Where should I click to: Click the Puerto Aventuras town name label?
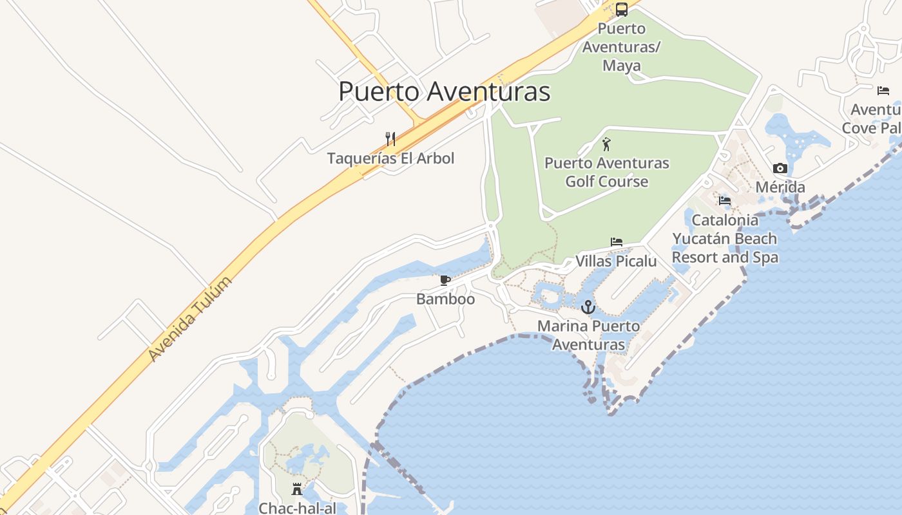click(x=444, y=91)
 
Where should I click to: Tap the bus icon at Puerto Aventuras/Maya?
click(x=621, y=10)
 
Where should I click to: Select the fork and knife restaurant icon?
click(x=390, y=138)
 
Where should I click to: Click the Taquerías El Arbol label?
click(x=390, y=158)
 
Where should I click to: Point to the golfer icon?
click(x=606, y=144)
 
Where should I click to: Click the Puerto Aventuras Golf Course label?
click(x=607, y=172)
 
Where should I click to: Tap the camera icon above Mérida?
click(x=780, y=169)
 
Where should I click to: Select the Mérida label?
click(x=780, y=187)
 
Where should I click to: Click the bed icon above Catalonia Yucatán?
click(x=725, y=201)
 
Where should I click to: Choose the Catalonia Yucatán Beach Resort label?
click(x=725, y=239)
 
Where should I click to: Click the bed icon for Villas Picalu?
click(x=617, y=243)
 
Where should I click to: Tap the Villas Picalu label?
click(x=616, y=261)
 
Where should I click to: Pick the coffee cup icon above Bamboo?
click(x=445, y=280)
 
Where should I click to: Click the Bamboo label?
click(x=445, y=299)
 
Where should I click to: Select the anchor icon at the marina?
click(x=588, y=307)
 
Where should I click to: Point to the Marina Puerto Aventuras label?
click(x=589, y=335)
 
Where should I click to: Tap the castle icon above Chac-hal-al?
click(x=297, y=489)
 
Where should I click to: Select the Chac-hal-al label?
click(x=297, y=508)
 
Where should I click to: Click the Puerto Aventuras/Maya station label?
click(x=622, y=47)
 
